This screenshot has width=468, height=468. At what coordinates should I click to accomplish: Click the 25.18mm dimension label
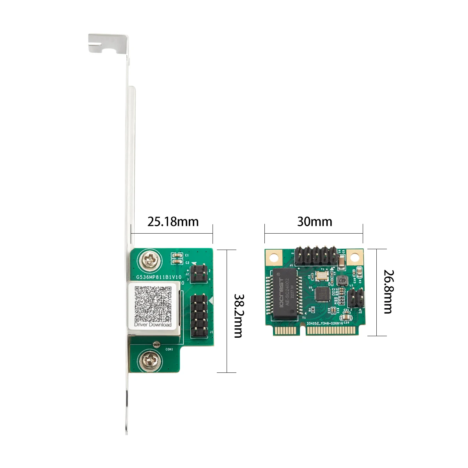tap(173, 222)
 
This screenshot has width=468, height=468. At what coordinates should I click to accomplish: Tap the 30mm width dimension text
tap(314, 222)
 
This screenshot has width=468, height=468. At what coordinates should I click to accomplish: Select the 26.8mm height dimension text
tap(388, 291)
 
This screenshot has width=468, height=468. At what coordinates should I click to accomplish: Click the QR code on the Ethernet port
tap(153, 304)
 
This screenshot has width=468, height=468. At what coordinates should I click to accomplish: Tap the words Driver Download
tap(153, 324)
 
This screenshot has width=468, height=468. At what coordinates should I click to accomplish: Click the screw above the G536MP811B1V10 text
tap(151, 259)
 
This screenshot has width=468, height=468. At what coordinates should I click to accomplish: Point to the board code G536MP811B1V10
tap(158, 277)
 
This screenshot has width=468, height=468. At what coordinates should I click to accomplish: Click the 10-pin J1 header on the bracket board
tap(199, 316)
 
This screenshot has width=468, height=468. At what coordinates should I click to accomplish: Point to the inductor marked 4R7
tap(342, 280)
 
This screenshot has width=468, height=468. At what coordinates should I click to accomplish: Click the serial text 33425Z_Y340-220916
tap(324, 323)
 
